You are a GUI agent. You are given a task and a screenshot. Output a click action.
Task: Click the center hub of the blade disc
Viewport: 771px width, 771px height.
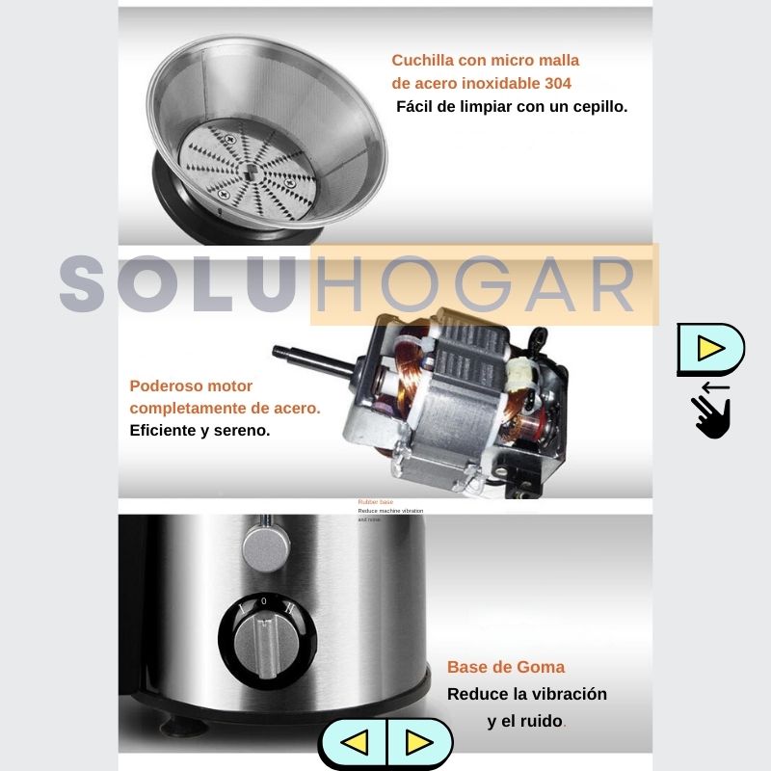[250, 174]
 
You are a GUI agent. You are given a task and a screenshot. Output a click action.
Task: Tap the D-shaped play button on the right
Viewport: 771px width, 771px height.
[710, 349]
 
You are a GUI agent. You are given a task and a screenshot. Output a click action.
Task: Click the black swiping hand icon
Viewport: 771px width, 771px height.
[712, 416]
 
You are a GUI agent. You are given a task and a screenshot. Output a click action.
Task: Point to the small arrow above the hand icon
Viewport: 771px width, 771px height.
[715, 387]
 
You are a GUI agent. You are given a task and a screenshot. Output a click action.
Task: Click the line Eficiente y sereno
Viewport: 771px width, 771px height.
[199, 430]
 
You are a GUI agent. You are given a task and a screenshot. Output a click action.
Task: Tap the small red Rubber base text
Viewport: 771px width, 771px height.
[376, 502]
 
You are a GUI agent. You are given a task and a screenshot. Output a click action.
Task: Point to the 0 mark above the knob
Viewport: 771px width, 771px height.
[264, 600]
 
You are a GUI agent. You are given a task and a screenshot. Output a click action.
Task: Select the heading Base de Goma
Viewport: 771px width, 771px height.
[506, 667]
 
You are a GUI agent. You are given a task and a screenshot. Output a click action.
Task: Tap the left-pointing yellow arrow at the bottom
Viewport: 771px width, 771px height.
[355, 742]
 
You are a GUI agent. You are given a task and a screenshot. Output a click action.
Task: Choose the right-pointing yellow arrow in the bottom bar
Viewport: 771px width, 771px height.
[417, 742]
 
